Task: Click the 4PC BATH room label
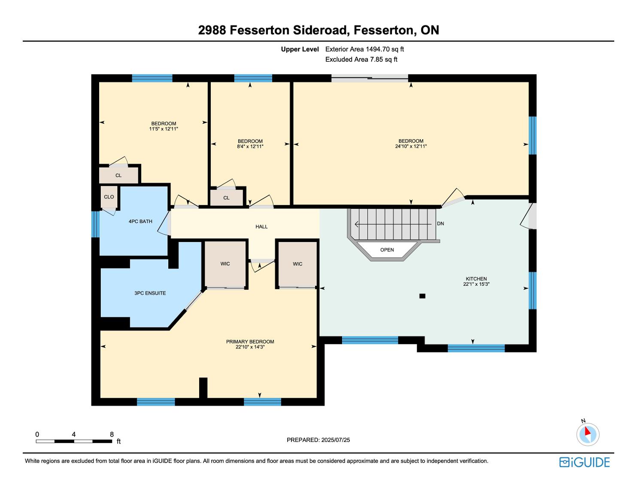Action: (140, 221)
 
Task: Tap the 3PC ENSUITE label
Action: (150, 293)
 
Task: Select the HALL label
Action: (261, 227)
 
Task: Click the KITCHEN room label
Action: (476, 279)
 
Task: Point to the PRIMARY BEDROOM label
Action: (250, 342)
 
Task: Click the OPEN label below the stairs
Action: (387, 250)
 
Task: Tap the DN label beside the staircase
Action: (440, 224)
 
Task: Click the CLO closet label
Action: (109, 197)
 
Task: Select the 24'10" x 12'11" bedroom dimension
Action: (411, 146)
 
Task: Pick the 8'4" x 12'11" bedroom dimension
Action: (250, 147)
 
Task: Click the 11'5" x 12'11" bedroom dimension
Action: (164, 129)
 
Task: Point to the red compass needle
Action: (587, 431)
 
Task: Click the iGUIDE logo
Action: (584, 462)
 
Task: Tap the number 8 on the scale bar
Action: (112, 434)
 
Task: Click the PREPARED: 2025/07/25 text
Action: (318, 440)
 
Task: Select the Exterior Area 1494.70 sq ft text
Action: (364, 49)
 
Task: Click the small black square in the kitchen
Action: (422, 296)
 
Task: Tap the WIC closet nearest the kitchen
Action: (297, 264)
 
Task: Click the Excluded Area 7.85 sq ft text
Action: (361, 60)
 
